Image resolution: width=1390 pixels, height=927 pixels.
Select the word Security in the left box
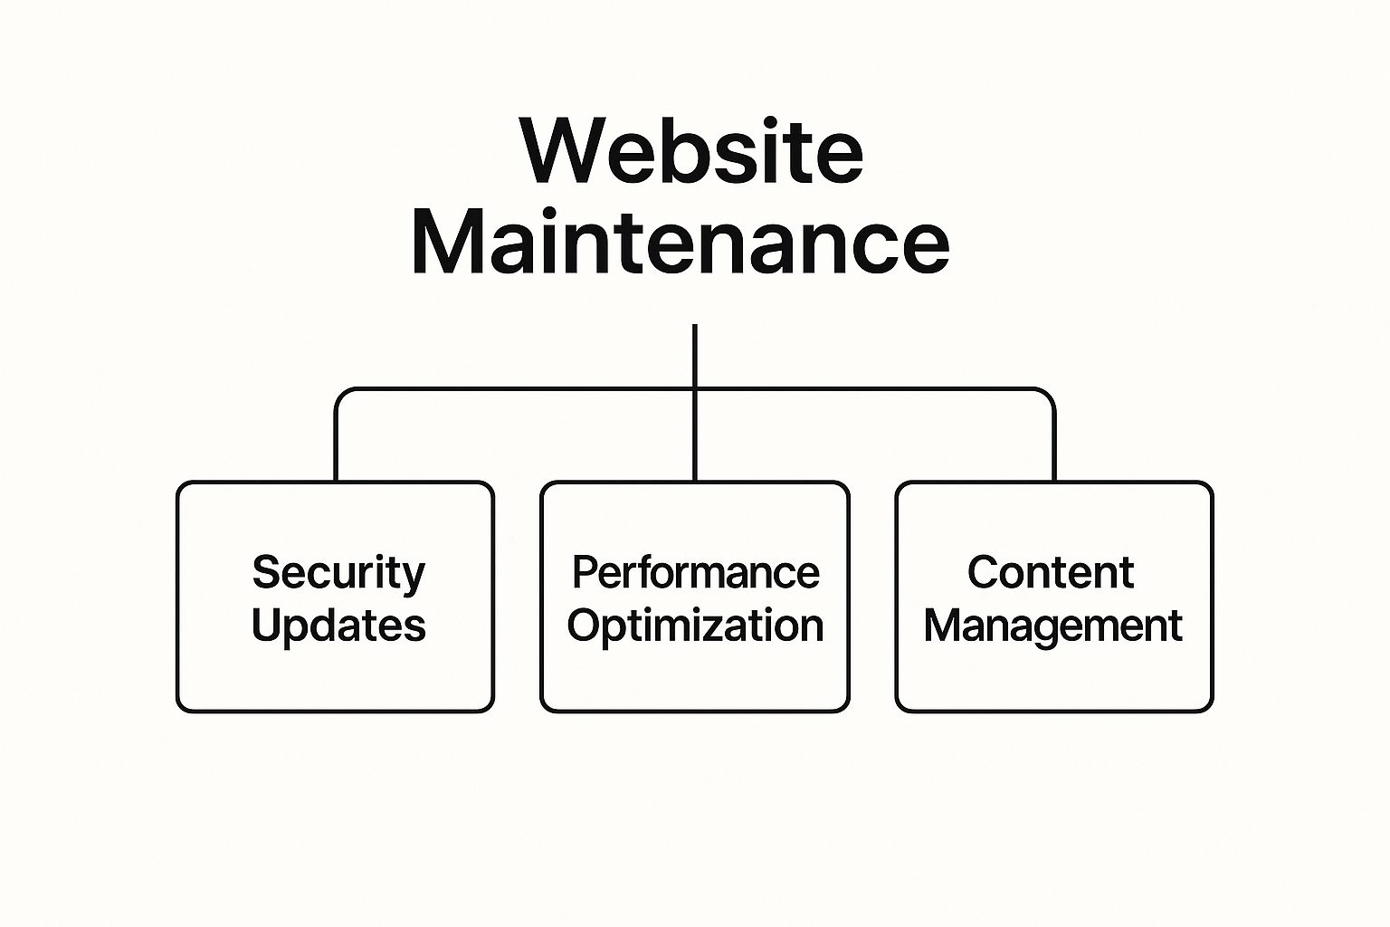[338, 573]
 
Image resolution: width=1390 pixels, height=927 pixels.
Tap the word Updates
[338, 626]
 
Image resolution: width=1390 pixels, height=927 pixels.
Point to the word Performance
[695, 573]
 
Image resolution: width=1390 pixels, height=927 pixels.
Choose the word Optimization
[695, 626]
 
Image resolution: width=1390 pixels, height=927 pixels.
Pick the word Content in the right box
[1051, 572]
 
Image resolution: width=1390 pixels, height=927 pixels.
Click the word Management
[1052, 626]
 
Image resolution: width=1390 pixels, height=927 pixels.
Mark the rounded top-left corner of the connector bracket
[342, 396]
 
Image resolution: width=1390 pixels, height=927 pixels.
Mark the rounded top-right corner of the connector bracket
[1048, 396]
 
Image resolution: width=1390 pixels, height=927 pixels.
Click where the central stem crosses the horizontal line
[695, 390]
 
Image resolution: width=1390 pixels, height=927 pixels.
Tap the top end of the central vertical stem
[695, 327]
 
